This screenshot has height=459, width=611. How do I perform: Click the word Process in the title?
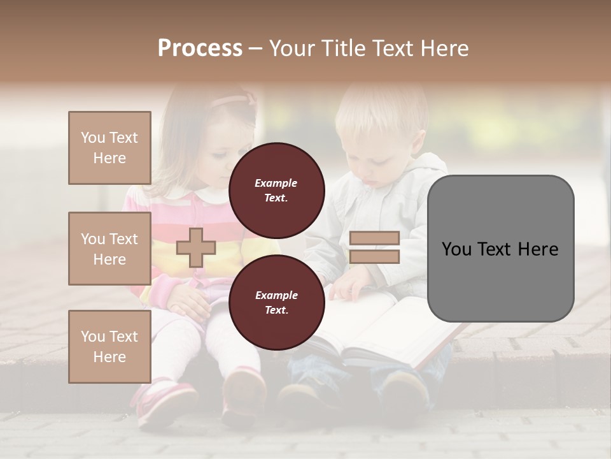(200, 48)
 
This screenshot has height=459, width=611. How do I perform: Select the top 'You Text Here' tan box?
(109, 148)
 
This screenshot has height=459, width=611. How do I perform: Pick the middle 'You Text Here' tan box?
(109, 249)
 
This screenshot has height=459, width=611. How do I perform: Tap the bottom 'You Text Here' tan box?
(109, 346)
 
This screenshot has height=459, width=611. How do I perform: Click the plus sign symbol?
(195, 247)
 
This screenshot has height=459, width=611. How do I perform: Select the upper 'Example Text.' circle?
(277, 190)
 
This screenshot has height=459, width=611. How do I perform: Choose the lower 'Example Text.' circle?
(277, 302)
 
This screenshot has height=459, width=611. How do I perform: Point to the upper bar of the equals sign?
(374, 238)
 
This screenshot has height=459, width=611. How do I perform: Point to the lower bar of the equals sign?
(374, 257)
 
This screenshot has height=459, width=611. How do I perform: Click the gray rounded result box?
(500, 249)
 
